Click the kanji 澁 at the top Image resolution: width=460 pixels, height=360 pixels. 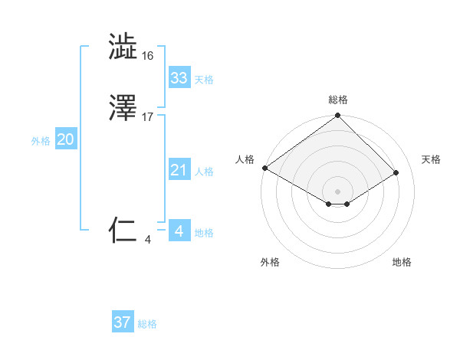(123, 47)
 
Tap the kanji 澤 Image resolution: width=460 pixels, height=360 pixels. (123, 110)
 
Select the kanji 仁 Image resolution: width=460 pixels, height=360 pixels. (123, 230)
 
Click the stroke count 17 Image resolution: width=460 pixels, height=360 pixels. (148, 118)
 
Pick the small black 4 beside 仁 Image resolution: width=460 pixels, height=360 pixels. (148, 240)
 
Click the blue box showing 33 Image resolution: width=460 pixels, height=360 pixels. (179, 78)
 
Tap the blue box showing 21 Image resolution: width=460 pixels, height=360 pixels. (179, 170)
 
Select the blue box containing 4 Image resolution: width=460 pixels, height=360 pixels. (179, 231)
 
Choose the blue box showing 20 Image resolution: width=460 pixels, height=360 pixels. (66, 139)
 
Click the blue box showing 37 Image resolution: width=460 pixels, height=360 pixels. (123, 322)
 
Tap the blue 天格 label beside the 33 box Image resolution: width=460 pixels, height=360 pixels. (204, 80)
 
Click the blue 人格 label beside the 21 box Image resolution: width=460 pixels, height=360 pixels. (204, 172)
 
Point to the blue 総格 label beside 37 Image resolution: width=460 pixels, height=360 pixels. (147, 324)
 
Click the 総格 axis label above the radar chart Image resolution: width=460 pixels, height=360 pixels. (338, 100)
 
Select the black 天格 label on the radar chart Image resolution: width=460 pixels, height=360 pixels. (431, 159)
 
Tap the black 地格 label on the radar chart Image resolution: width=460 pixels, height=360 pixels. (402, 262)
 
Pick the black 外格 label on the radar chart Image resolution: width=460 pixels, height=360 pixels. (270, 262)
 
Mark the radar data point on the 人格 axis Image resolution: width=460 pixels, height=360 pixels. (264, 168)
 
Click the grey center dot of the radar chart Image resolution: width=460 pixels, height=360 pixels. (337, 191)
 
